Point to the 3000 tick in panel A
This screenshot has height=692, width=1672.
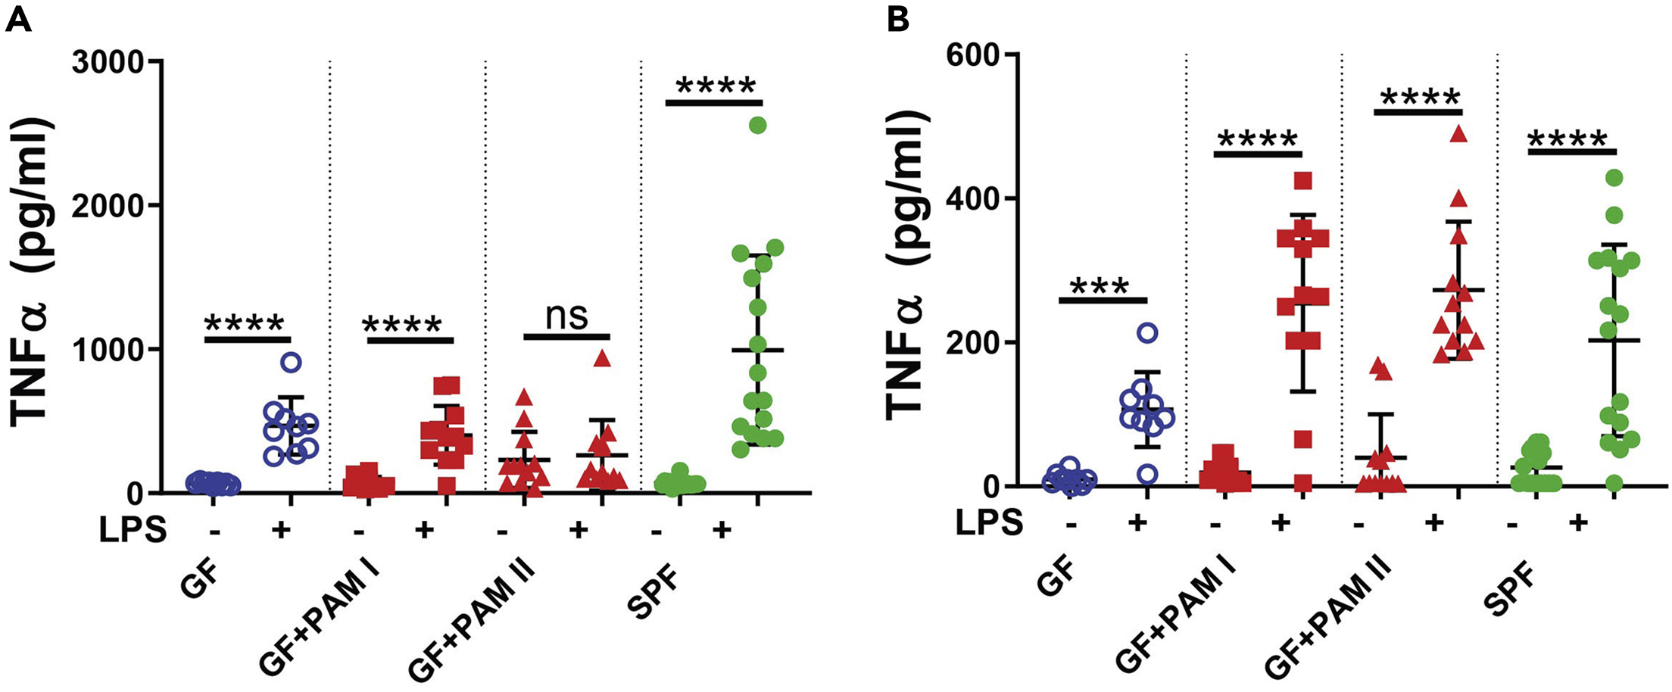108,62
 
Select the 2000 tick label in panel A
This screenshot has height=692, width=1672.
108,206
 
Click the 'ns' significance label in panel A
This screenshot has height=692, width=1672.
566,316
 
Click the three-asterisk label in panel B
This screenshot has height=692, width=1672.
1101,288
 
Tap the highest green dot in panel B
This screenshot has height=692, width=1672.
1614,178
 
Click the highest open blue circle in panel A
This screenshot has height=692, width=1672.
291,362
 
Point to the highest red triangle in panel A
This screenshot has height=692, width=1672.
602,358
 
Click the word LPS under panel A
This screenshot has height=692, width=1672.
133,530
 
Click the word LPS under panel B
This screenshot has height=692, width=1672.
989,522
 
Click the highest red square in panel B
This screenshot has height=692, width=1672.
1302,181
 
